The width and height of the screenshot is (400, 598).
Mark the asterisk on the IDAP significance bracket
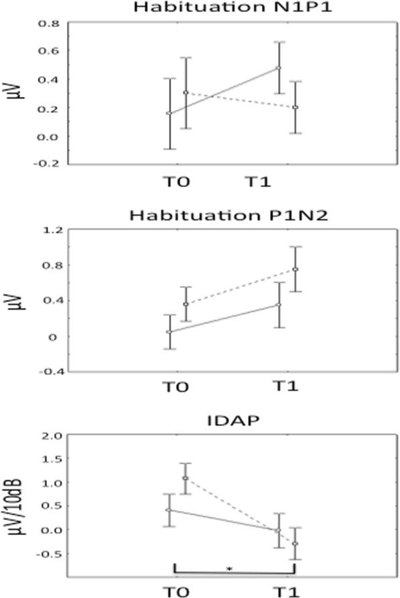click(x=229, y=569)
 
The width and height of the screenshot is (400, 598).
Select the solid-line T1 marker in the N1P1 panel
click(x=278, y=68)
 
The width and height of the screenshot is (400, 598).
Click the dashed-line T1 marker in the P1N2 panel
click(x=295, y=269)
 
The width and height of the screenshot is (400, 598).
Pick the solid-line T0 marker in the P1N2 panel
click(x=169, y=331)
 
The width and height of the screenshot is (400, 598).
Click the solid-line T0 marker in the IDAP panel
click(x=169, y=510)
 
